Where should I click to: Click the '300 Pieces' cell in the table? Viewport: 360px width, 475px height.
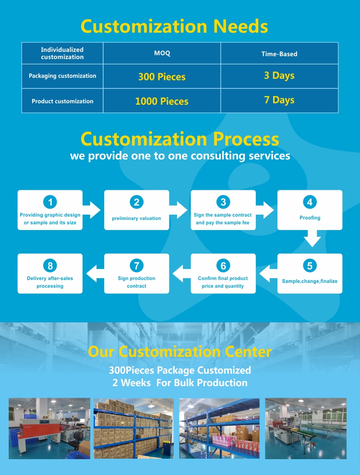tap(162, 76)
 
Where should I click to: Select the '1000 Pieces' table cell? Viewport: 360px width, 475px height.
tap(162, 101)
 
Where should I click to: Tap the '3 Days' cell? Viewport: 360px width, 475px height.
tap(279, 76)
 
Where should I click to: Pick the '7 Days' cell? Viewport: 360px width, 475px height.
tap(279, 100)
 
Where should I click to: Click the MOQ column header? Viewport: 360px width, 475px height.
tap(162, 53)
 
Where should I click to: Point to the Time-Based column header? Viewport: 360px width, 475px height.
tap(279, 54)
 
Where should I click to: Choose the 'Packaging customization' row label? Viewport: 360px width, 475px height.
tap(62, 76)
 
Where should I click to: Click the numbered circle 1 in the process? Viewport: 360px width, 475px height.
tap(50, 202)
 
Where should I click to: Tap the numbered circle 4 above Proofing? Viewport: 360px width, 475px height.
tap(310, 202)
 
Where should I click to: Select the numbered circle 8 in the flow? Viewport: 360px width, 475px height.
tap(50, 266)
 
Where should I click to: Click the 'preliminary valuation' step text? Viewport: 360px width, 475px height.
tap(136, 219)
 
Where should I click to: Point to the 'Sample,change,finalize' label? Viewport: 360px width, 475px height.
tap(310, 281)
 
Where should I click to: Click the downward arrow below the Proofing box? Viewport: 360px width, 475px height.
tap(312, 238)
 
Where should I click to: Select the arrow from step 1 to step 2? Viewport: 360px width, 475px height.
tap(91, 210)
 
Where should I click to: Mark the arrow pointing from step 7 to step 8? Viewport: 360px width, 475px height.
tap(95, 274)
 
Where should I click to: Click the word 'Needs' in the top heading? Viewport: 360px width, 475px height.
tap(240, 26)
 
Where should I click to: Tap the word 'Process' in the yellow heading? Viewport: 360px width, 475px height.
tap(246, 139)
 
